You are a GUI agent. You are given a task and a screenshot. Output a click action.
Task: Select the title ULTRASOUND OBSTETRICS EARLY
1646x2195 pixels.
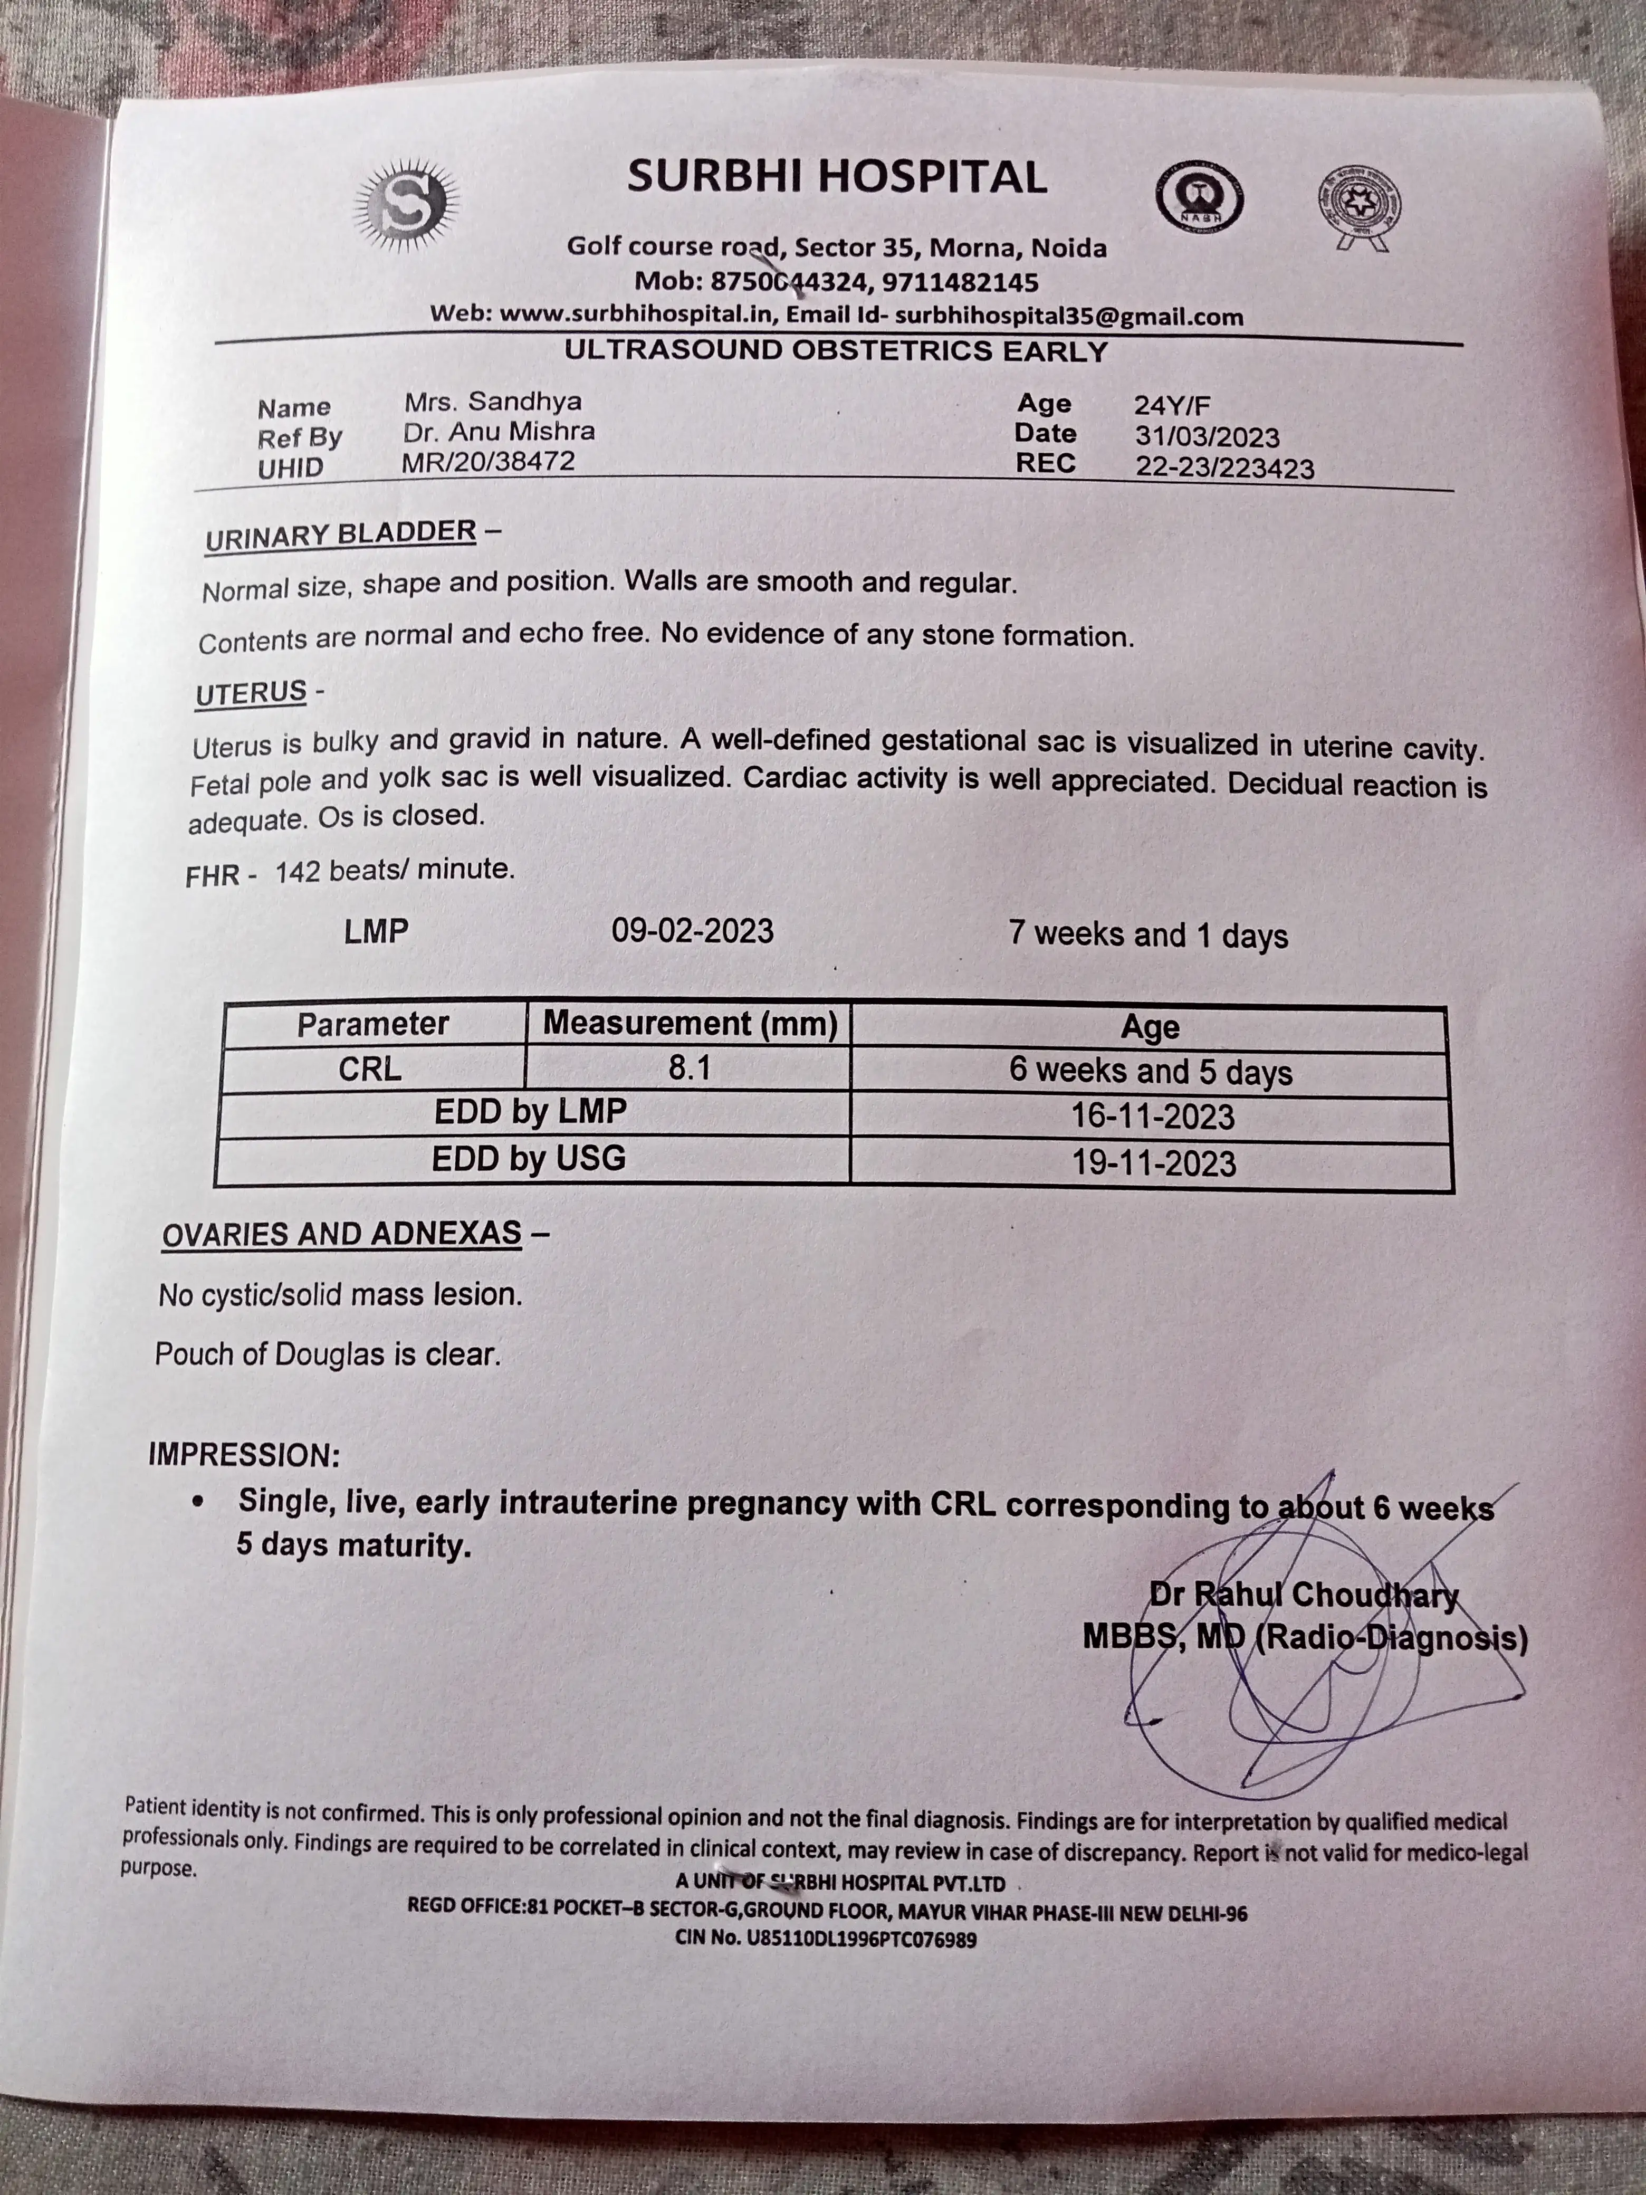pyautogui.click(x=836, y=351)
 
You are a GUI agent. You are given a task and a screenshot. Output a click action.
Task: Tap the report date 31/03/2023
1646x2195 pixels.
pyautogui.click(x=1207, y=436)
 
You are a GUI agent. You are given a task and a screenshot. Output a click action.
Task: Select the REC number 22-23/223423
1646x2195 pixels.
pyautogui.click(x=1224, y=467)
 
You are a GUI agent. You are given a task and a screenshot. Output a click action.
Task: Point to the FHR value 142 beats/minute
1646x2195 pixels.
pyautogui.click(x=394, y=870)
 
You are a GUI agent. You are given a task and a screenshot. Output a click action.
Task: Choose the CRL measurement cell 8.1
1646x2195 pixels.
pyautogui.click(x=688, y=1068)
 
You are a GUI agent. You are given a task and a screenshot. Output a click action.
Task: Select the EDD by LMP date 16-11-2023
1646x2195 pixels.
pyautogui.click(x=1152, y=1116)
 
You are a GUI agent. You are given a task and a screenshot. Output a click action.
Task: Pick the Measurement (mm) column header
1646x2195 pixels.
pyautogui.click(x=690, y=1023)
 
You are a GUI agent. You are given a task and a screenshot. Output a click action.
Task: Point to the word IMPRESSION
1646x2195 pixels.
pyautogui.click(x=243, y=1455)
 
